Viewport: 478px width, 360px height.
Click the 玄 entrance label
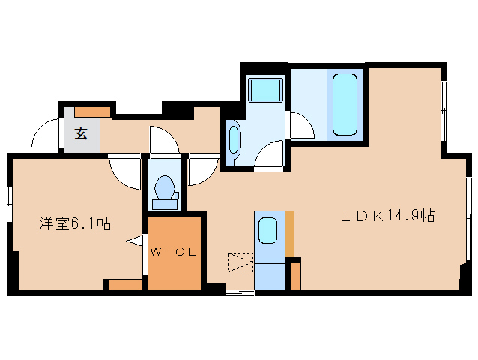point(81,135)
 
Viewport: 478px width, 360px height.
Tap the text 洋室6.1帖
point(75,223)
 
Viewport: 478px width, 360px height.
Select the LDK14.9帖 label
point(388,216)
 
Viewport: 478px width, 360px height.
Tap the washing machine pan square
point(265,91)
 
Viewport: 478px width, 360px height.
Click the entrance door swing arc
point(46,135)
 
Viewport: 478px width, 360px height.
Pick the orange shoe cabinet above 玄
point(93,112)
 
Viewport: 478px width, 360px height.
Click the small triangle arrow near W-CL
point(135,241)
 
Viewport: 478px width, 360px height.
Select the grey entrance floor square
point(81,136)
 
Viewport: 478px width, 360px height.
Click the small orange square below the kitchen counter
point(295,276)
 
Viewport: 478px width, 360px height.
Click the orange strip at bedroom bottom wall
point(126,284)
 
